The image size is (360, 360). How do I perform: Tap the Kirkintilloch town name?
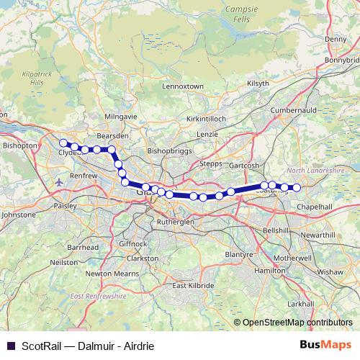207,117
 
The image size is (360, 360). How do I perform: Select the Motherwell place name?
292,257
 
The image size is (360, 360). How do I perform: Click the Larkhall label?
300,304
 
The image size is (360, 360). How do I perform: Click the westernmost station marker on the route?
63,143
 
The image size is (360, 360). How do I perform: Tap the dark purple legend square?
9,346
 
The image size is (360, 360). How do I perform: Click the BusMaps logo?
328,345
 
